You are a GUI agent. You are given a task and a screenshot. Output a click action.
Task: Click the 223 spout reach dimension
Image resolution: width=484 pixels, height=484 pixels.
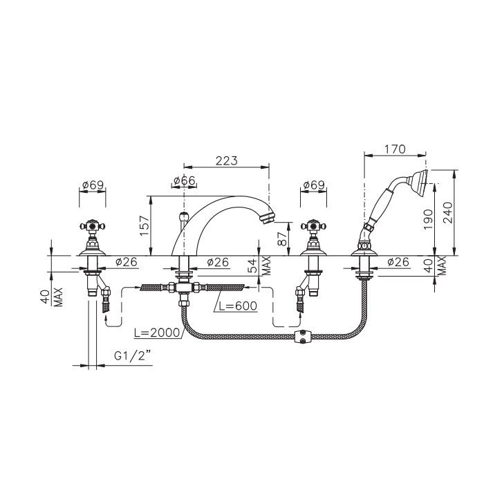227,161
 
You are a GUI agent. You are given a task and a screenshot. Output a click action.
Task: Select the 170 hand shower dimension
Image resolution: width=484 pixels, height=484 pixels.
395,149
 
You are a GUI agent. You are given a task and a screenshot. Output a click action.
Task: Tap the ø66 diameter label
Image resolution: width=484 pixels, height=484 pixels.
185,180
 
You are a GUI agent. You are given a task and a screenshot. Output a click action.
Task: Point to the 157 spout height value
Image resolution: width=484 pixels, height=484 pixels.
145,225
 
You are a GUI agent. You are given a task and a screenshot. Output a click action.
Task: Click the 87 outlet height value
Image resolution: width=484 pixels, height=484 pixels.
282,239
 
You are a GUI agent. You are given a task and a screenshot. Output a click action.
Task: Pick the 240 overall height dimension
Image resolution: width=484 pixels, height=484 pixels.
447,213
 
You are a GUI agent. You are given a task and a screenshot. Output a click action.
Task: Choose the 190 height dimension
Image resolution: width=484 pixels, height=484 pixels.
428,219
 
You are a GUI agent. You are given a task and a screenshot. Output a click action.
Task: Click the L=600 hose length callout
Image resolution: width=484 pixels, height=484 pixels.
238,306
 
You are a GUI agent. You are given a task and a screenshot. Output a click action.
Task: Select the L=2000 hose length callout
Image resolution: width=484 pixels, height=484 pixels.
157,333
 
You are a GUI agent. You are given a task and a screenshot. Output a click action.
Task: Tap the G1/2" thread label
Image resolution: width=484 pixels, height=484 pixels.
133,356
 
